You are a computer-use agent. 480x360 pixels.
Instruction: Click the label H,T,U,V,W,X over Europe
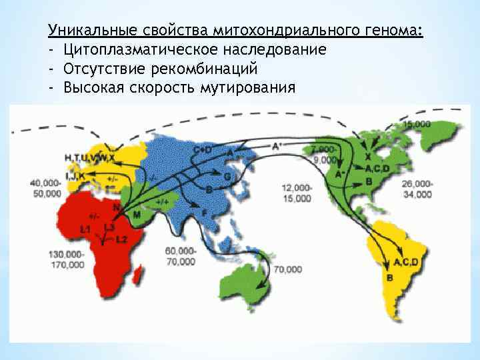89,157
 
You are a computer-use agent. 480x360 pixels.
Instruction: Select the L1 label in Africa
85,229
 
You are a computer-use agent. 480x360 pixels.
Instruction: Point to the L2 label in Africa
121,239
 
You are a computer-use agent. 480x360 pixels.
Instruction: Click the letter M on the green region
137,214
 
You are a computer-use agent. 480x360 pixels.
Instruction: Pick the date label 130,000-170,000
66,259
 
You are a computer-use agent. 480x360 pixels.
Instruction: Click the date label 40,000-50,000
46,188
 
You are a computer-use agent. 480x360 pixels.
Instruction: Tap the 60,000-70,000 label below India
181,256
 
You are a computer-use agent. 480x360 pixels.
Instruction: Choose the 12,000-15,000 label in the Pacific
296,193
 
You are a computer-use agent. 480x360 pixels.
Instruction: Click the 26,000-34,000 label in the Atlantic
417,189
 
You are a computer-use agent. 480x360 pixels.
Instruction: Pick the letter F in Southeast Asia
203,211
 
